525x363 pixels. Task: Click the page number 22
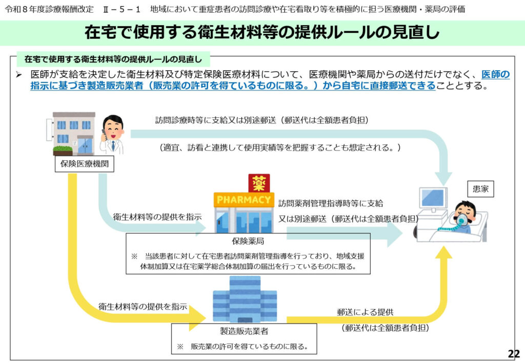513,353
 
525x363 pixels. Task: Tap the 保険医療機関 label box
84,164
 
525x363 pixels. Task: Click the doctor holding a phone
112,134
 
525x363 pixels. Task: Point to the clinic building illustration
73,133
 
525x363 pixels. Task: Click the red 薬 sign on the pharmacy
259,183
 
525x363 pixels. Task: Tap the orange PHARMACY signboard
244,199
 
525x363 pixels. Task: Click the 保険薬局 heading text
248,241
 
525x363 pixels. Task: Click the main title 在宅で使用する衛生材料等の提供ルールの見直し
262,33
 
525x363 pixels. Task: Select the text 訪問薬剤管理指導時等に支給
330,203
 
